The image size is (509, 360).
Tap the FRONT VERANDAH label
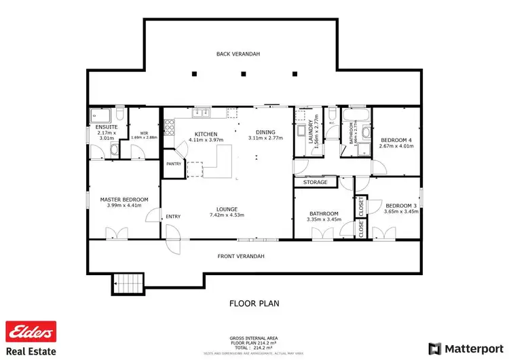241,256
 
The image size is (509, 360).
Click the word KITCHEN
206,134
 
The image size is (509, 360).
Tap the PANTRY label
173,164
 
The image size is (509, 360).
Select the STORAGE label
316,182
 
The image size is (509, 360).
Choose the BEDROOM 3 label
400,206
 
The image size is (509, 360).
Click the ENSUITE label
107,127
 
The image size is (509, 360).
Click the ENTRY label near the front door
173,217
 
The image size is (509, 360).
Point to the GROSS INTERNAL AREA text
252,338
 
